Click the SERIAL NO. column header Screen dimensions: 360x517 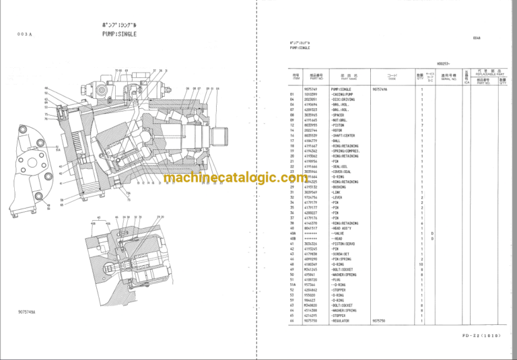tap(448, 78)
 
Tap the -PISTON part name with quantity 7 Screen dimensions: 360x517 tap(338, 125)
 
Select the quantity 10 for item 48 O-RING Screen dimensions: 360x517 tap(422, 264)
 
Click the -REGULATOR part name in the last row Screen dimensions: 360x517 tap(342, 321)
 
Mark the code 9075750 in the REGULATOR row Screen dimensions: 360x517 tap(380, 321)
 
